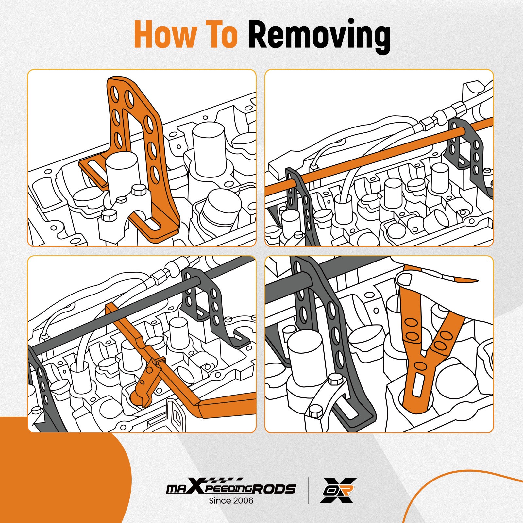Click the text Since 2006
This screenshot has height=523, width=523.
(231, 500)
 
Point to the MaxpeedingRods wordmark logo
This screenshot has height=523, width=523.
(231, 489)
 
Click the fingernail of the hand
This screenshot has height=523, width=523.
(404, 280)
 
